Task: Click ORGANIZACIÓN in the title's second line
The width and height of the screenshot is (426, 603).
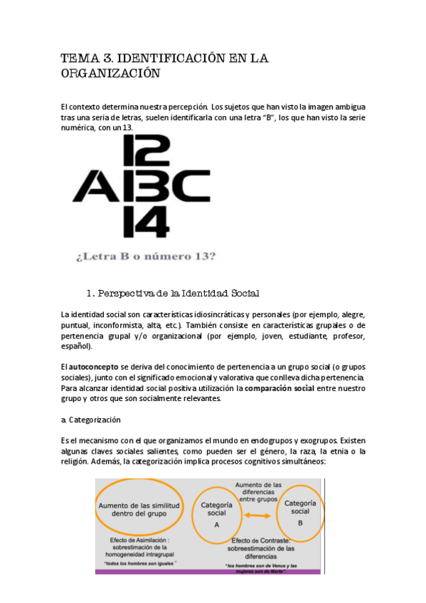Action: pos(110,74)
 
